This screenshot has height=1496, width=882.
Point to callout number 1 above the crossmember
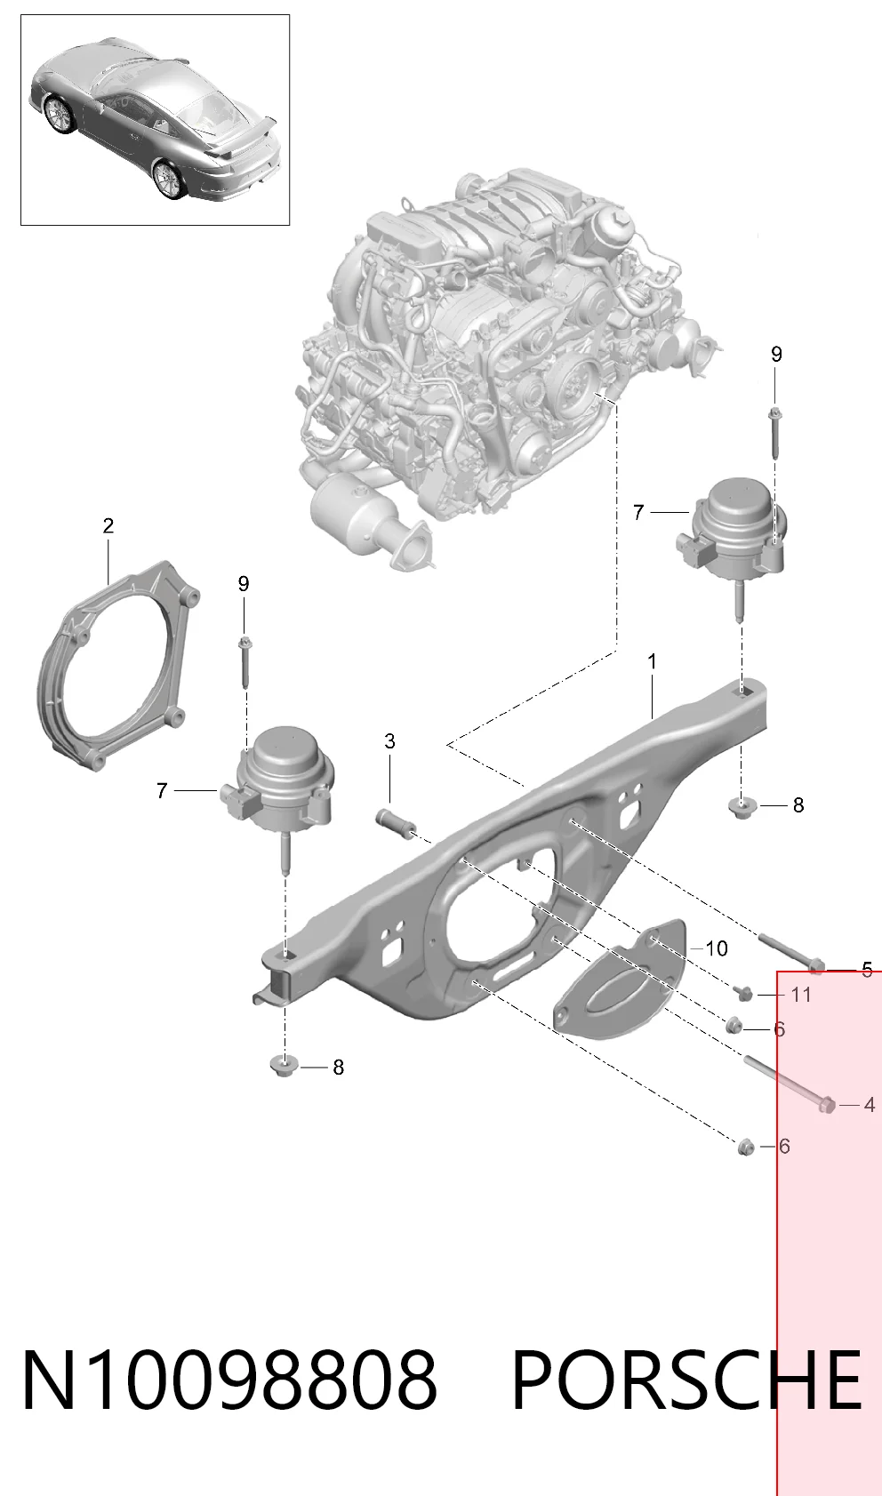click(x=652, y=662)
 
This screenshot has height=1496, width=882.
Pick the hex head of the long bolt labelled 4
click(x=827, y=1105)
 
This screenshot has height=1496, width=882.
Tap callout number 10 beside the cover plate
click(x=716, y=948)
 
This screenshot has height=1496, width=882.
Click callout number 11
click(x=800, y=995)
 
